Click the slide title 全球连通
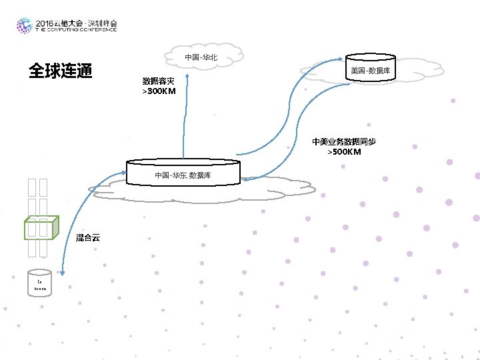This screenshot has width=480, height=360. pyautogui.click(x=59, y=71)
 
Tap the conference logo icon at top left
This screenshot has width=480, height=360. pyautogui.click(x=24, y=26)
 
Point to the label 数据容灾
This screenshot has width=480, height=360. pyautogui.click(x=158, y=81)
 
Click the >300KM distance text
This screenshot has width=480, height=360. pyautogui.click(x=159, y=91)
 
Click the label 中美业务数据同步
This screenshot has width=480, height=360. pyautogui.click(x=344, y=142)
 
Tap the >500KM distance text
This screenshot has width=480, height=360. pyautogui.click(x=344, y=152)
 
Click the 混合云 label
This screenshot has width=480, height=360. pyautogui.click(x=87, y=238)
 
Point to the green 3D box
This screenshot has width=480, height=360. pyautogui.click(x=42, y=228)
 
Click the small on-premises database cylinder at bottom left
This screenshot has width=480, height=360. pyautogui.click(x=39, y=283)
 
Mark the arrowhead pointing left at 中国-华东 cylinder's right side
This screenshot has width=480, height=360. pyautogui.click(x=245, y=179)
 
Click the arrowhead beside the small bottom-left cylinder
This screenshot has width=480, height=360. pyautogui.click(x=61, y=272)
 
